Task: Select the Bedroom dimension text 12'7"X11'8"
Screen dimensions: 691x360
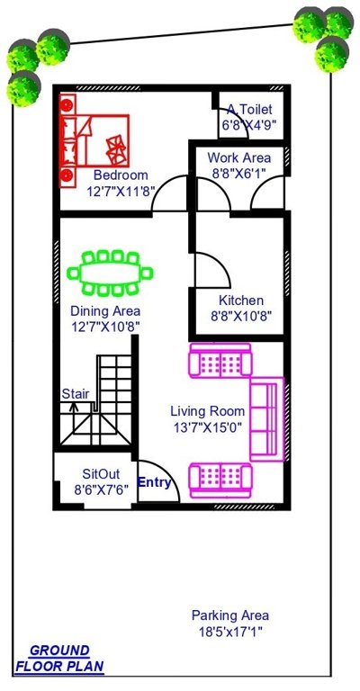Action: pyautogui.click(x=121, y=192)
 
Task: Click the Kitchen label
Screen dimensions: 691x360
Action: pyautogui.click(x=241, y=301)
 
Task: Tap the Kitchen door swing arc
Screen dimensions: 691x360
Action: pyautogui.click(x=205, y=266)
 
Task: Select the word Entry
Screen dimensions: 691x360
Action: pyautogui.click(x=155, y=483)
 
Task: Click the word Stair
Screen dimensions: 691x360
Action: pyautogui.click(x=76, y=393)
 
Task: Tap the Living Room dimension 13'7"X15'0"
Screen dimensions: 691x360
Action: pyautogui.click(x=208, y=427)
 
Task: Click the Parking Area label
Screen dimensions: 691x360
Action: pyautogui.click(x=229, y=615)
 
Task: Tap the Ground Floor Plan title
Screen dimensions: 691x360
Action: pyautogui.click(x=59, y=659)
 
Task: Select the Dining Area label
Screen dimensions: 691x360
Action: pyautogui.click(x=105, y=311)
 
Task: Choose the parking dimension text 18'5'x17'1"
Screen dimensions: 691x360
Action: pyautogui.click(x=229, y=632)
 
